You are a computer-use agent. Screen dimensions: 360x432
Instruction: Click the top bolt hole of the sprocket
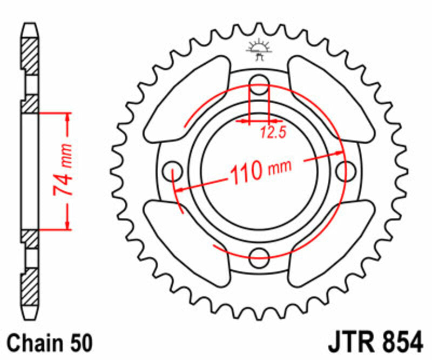(260, 82)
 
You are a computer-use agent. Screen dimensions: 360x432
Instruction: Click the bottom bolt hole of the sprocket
(260, 255)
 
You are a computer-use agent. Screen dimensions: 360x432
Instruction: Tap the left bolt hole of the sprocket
(173, 169)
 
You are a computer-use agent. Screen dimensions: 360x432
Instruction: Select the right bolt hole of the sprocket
(343, 170)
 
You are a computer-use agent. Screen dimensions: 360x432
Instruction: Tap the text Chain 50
(50, 343)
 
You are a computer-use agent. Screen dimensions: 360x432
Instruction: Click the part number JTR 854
(374, 343)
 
